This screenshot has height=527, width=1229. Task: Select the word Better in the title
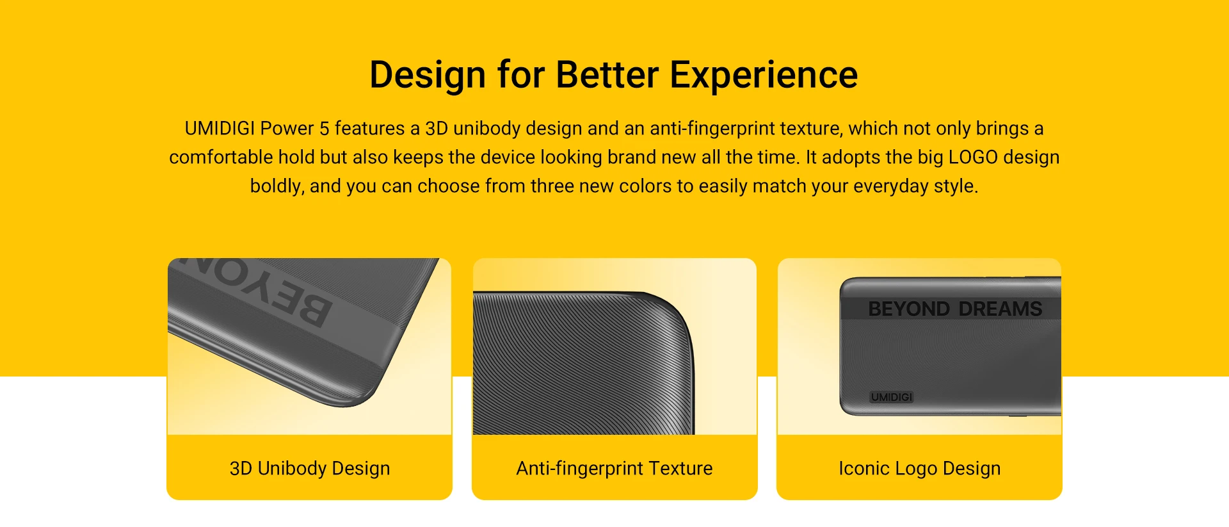pyautogui.click(x=607, y=75)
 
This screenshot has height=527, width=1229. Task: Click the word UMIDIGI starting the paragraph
pyautogui.click(x=220, y=128)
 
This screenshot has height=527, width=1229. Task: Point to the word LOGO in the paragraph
pyautogui.click(x=973, y=157)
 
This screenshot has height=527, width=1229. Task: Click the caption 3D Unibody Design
pyautogui.click(x=310, y=468)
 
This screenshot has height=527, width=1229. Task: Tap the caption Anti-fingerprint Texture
pyautogui.click(x=614, y=468)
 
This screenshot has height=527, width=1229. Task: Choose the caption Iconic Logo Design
pyautogui.click(x=920, y=468)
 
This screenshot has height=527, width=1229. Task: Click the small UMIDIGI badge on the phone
pyautogui.click(x=892, y=397)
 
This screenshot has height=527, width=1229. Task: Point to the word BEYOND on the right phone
pyautogui.click(x=909, y=309)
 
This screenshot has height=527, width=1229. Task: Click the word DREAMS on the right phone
pyautogui.click(x=1000, y=309)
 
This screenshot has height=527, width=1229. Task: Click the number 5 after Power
pyautogui.click(x=324, y=128)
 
